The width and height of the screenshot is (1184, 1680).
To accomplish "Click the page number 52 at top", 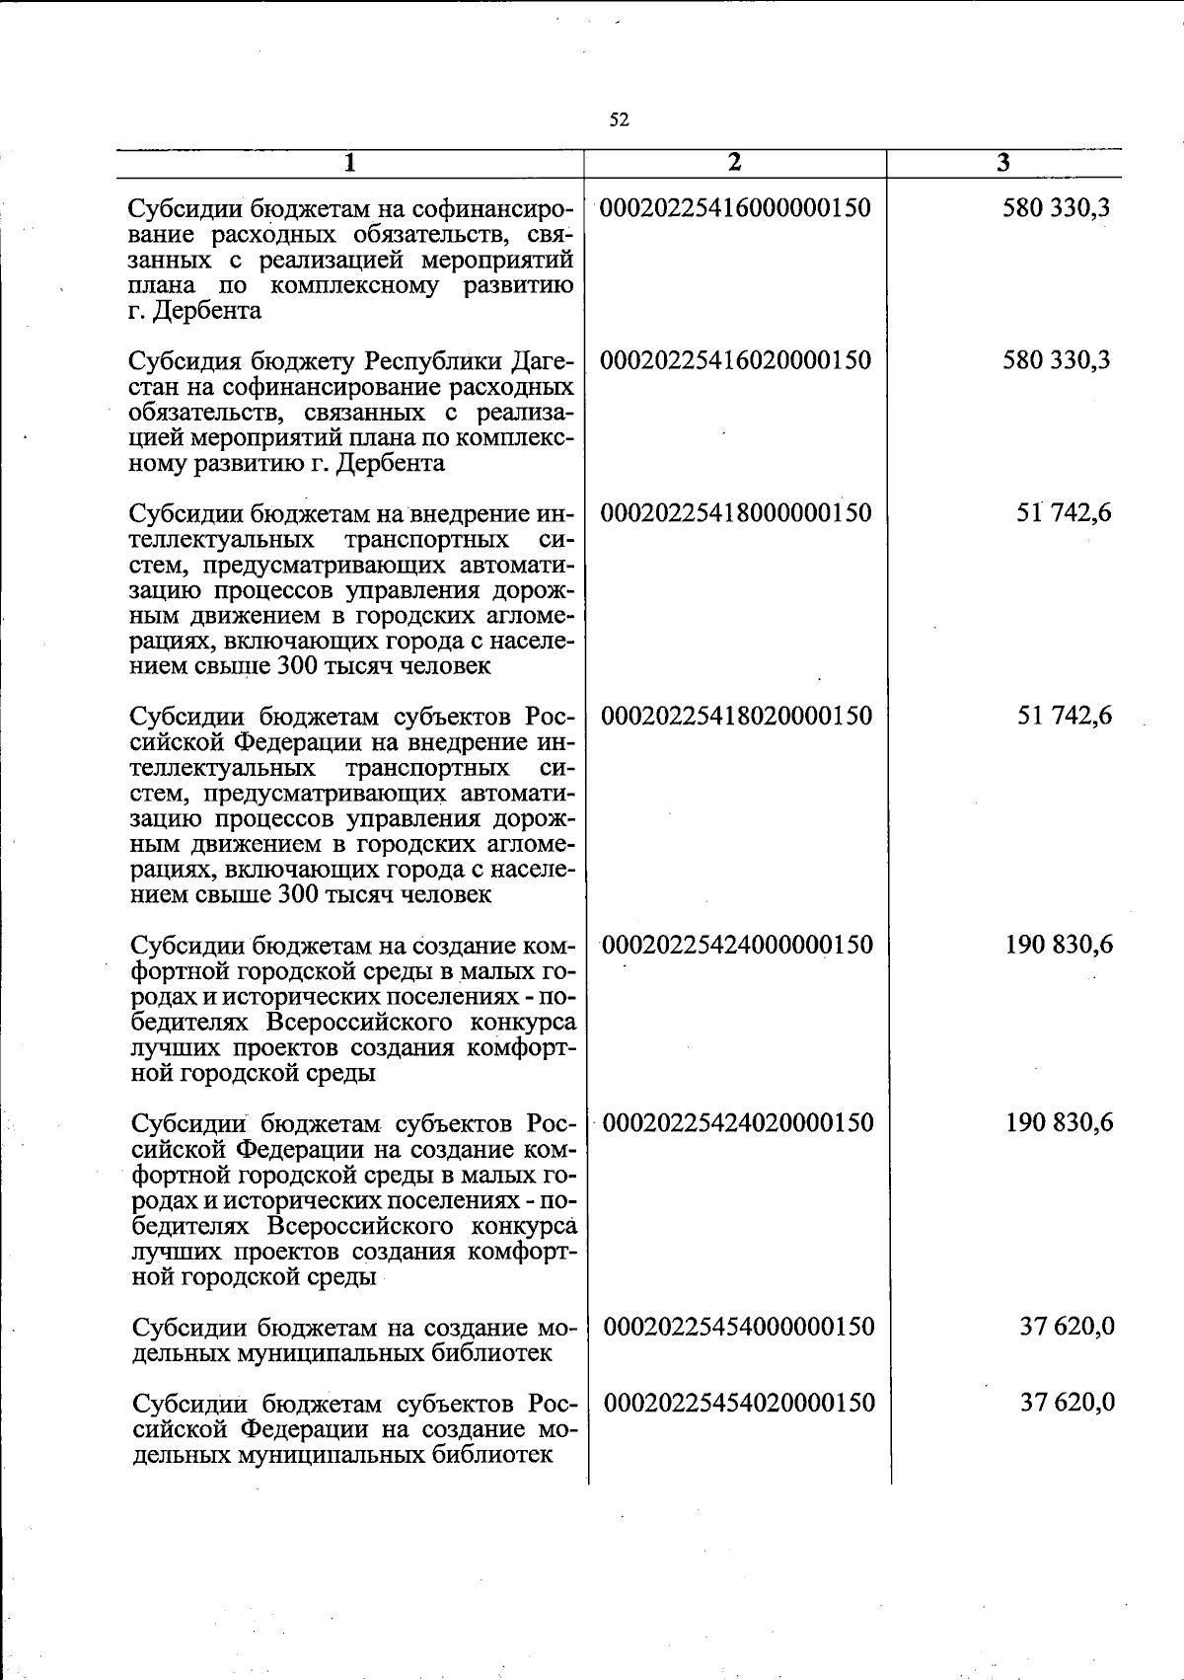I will tap(619, 120).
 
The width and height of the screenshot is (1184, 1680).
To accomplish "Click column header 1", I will tap(349, 163).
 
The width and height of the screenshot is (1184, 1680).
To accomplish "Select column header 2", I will tap(733, 163).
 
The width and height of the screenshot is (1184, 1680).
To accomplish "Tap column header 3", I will tap(1002, 163).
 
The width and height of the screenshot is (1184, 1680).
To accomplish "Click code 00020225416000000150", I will tap(736, 208).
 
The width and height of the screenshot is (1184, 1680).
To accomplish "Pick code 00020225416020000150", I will tap(736, 360).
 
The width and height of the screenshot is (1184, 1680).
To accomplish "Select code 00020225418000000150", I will tap(736, 513).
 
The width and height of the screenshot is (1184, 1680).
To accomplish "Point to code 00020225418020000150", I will tap(736, 716).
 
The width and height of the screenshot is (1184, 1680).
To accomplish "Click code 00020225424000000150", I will tap(737, 945).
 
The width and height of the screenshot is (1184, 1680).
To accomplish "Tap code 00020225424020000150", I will tap(737, 1122).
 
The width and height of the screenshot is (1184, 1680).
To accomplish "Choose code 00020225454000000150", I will tap(738, 1327).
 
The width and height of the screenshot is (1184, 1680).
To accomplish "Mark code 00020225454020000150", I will tap(738, 1403).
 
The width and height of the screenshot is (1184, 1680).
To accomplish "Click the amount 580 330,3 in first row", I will tap(1057, 208).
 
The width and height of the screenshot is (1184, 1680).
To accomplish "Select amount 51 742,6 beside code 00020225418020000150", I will tap(1065, 716).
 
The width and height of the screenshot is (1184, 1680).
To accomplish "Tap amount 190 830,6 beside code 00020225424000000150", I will tap(1060, 945).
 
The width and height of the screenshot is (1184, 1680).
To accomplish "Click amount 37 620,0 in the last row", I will tap(1068, 1403).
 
